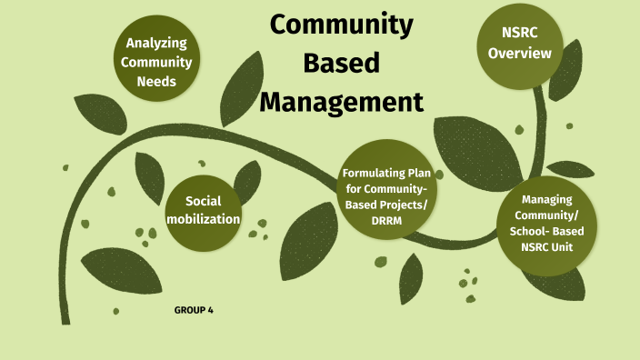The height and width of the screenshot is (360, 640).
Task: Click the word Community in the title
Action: [x=341, y=26]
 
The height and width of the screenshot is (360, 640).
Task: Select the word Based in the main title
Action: [x=341, y=64]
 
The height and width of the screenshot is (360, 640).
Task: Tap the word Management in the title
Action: [x=341, y=100]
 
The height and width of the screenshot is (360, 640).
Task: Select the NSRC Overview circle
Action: [x=519, y=43]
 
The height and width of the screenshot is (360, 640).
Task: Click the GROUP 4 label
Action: [x=194, y=311]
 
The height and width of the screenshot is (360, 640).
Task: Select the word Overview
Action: [x=519, y=54]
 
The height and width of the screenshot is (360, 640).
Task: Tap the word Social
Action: [x=204, y=200]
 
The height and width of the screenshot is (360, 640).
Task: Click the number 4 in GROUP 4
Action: [x=210, y=311]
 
